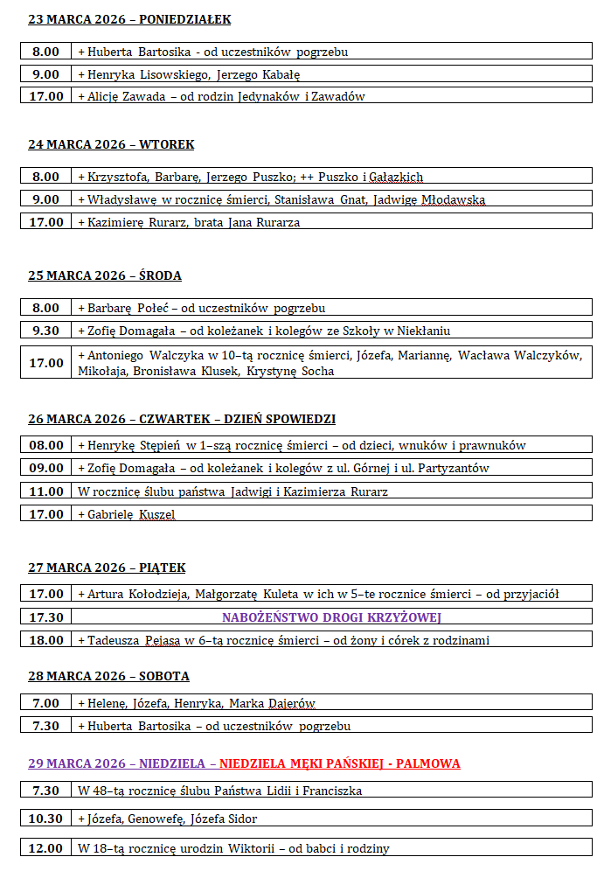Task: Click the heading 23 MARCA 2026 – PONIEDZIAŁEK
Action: pos(129,19)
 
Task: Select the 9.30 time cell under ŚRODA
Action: pos(46,331)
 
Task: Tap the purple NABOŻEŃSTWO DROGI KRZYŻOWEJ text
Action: pos(331,617)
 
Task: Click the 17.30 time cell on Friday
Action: pos(46,617)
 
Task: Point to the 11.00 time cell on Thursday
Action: pos(46,491)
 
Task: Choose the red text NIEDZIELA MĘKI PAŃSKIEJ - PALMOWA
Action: pos(340,763)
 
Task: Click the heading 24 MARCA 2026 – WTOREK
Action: pos(111,144)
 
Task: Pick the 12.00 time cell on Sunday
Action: pos(46,848)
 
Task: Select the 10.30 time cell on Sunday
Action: pos(46,819)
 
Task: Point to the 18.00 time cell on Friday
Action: pos(46,640)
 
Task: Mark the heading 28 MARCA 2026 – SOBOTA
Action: pos(108,676)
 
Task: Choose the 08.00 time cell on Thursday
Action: pos(46,445)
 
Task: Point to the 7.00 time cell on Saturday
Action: pos(46,703)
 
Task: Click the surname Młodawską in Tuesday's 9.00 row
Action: pos(453,199)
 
